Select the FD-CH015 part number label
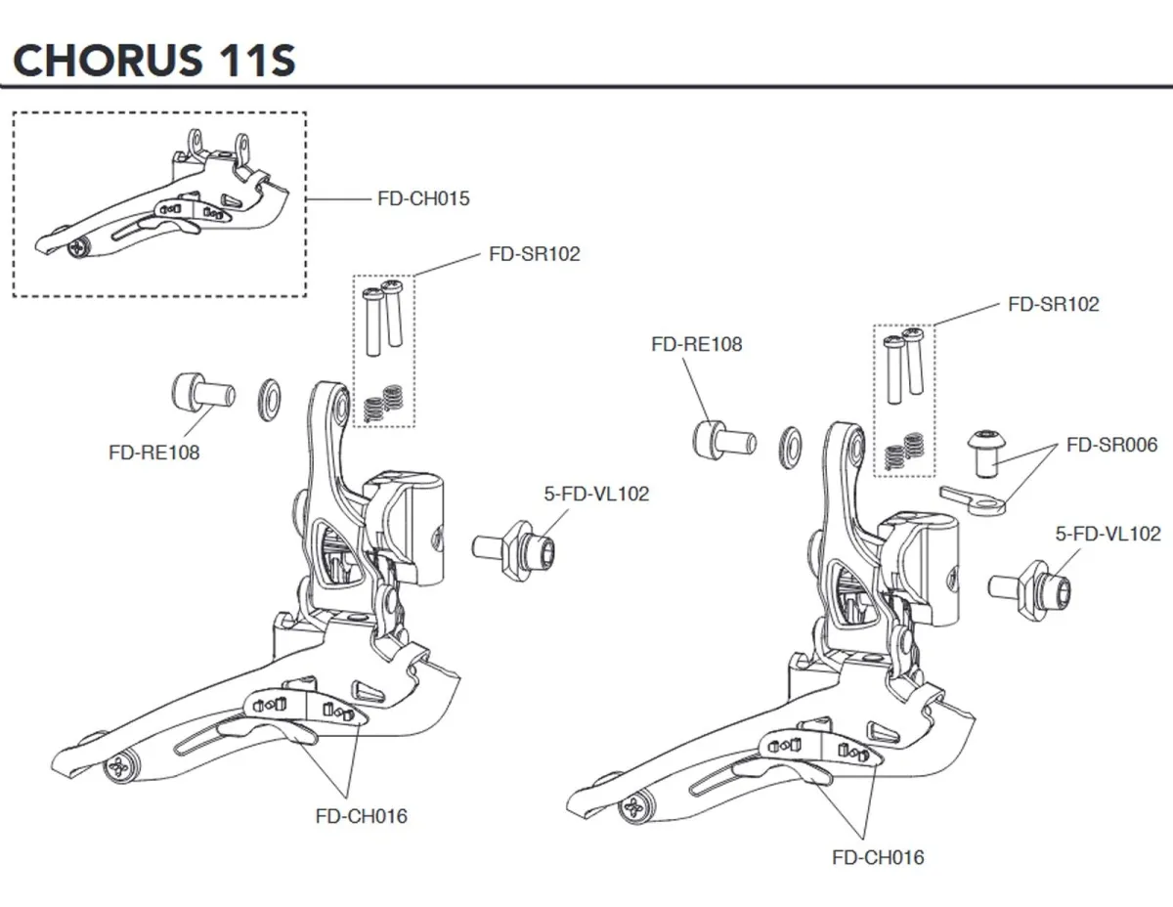click(423, 198)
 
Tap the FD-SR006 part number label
click(1111, 445)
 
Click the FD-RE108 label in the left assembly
click(153, 453)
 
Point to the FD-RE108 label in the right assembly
click(696, 344)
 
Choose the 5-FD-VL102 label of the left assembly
click(596, 495)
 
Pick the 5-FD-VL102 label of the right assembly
click(1108, 534)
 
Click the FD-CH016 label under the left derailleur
click(361, 816)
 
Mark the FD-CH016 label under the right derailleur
click(877, 857)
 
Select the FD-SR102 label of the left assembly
click(534, 254)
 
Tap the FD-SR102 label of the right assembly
click(1053, 304)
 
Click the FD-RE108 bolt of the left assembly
click(201, 394)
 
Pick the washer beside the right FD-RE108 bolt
click(790, 445)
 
